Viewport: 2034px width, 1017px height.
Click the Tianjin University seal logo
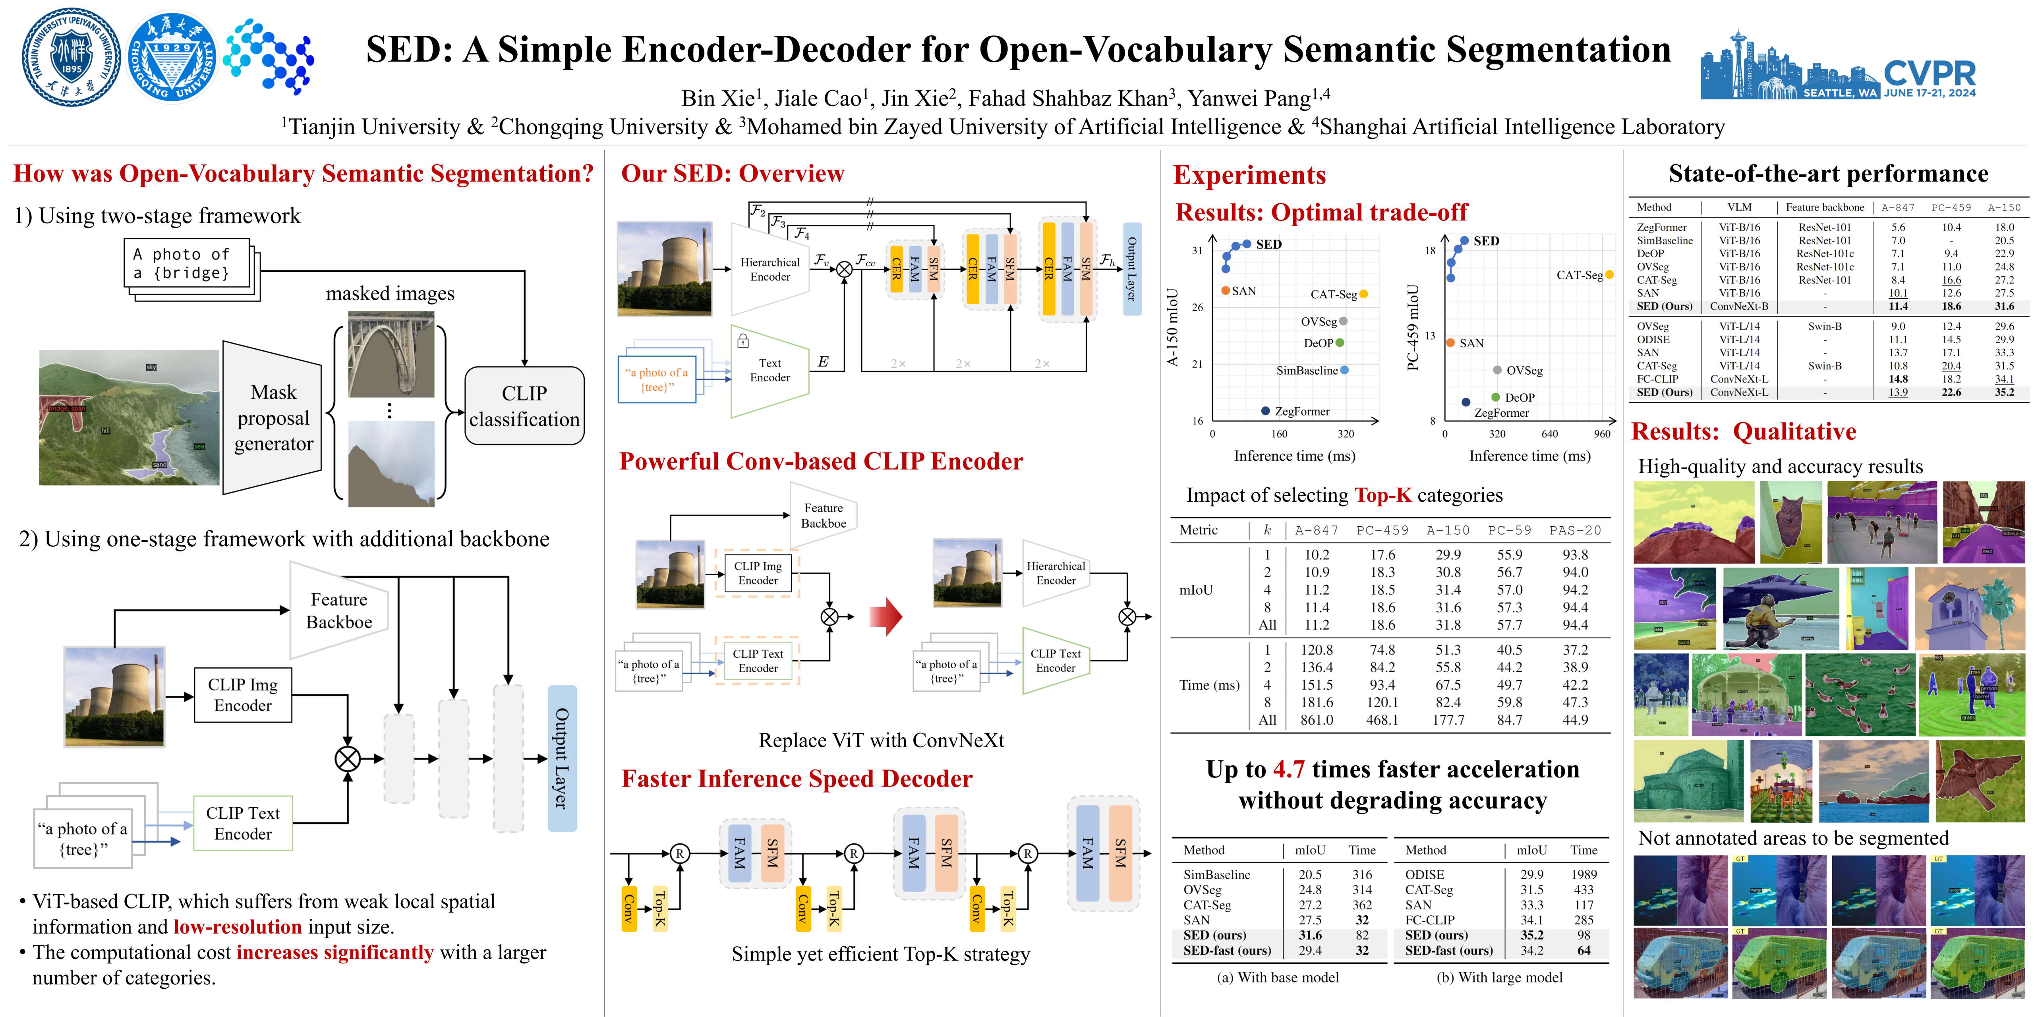[x=71, y=57]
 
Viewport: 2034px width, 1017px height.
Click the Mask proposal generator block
[x=273, y=418]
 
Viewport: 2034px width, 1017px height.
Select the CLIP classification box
[x=524, y=406]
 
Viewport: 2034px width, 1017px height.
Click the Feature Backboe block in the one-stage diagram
[x=339, y=610]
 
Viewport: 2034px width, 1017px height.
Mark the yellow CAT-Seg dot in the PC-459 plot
[x=1609, y=275]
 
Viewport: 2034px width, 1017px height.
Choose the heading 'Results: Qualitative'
[x=1744, y=432]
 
